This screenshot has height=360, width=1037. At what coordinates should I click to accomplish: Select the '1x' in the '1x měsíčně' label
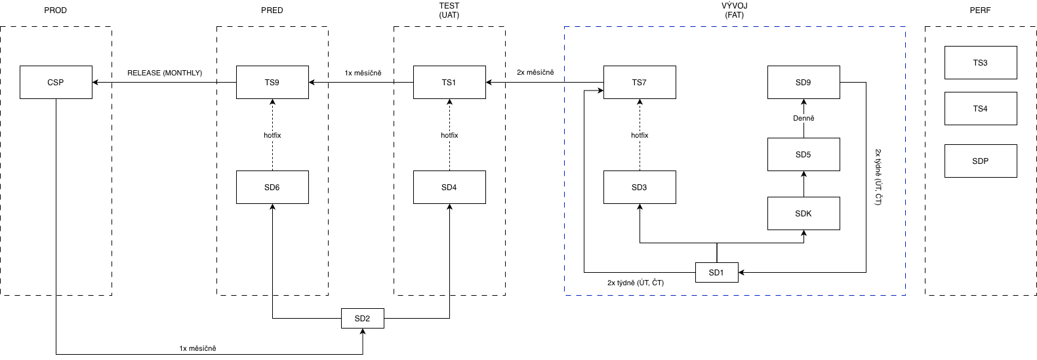348,73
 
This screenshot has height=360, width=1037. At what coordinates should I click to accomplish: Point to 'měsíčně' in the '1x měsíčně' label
368,73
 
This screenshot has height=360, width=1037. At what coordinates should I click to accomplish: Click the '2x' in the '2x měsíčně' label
521,73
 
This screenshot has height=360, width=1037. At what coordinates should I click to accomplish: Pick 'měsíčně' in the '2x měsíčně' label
540,73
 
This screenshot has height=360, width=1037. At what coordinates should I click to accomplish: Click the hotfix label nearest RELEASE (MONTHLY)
272,135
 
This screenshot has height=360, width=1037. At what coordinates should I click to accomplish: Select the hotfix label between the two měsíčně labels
449,135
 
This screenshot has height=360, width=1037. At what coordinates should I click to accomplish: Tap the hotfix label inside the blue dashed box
640,135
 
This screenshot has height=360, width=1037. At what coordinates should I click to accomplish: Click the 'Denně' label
803,119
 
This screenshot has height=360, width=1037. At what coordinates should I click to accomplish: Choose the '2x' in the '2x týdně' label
611,283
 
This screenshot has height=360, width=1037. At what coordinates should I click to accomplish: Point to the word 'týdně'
626,283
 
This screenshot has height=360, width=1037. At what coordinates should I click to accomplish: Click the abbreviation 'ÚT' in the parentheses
644,283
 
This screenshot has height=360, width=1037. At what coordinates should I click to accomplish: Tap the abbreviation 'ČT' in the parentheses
657,283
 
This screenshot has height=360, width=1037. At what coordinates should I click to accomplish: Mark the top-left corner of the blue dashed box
565,27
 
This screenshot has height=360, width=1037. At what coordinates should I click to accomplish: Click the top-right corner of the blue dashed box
906,27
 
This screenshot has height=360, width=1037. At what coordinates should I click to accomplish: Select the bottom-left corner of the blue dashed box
565,295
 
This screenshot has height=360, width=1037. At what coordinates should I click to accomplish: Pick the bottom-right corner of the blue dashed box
906,295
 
